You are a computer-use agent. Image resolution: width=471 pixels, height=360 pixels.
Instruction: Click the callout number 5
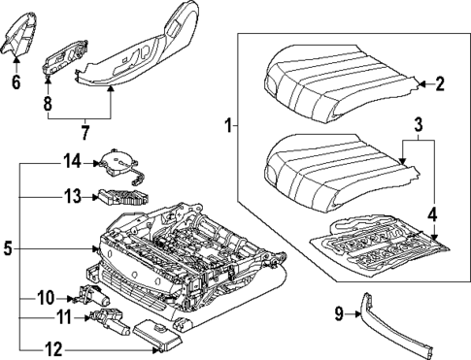tap(10, 248)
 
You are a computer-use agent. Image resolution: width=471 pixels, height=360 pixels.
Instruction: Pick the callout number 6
tap(16, 82)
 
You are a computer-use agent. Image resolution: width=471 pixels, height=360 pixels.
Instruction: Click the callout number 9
tap(341, 314)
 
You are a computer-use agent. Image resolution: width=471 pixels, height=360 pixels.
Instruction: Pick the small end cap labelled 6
tap(21, 45)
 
